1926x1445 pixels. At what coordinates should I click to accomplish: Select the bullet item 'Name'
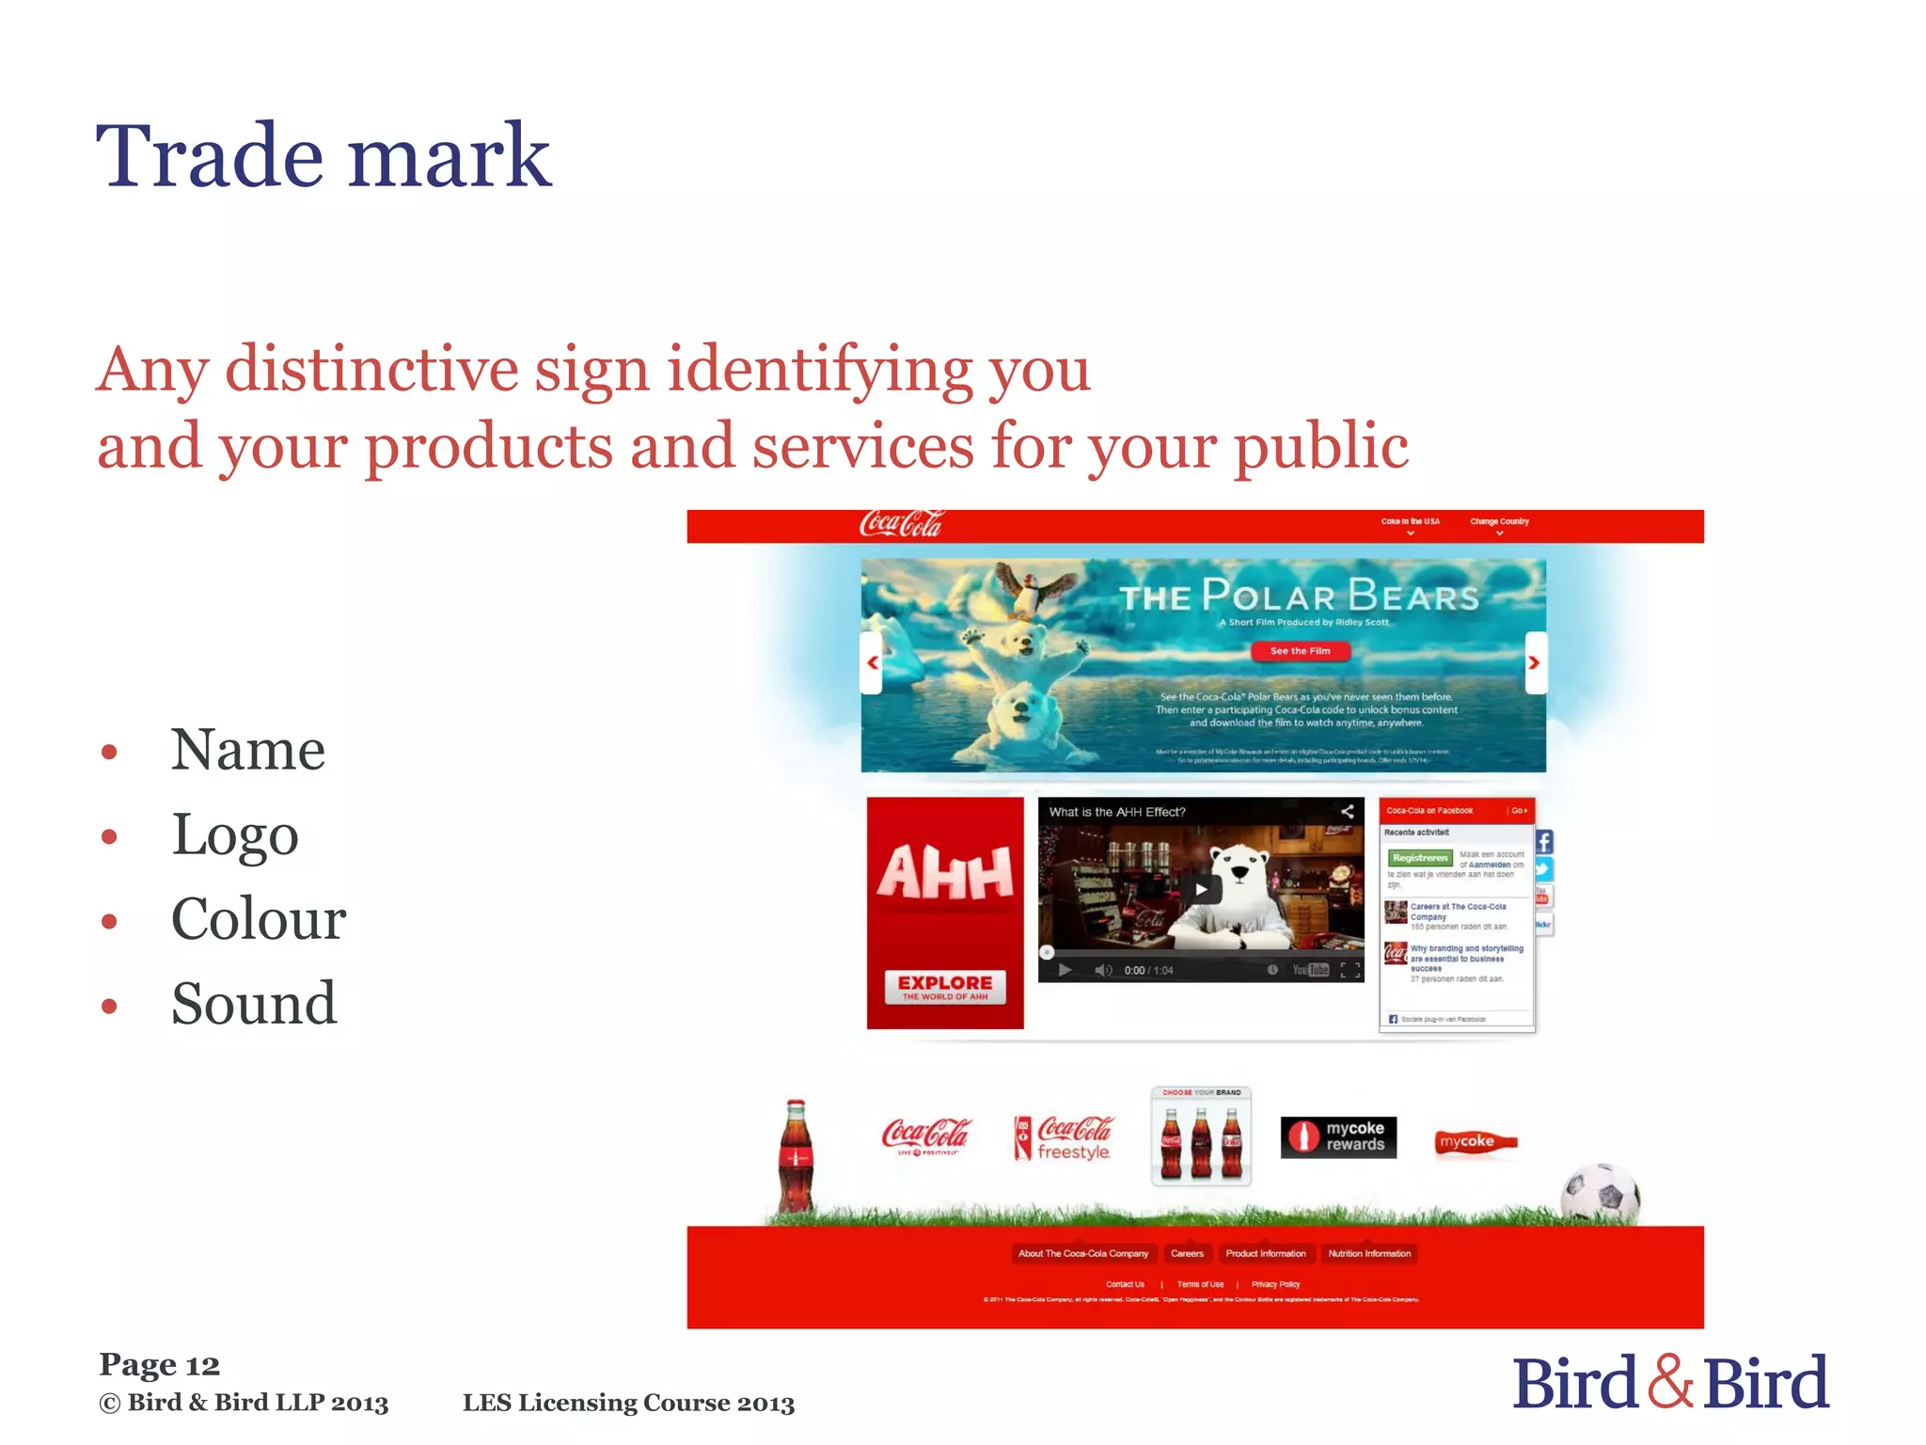pyautogui.click(x=247, y=750)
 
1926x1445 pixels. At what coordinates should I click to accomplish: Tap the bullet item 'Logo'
pyautogui.click(x=235, y=835)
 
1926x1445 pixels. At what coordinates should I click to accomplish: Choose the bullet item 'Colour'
pyautogui.click(x=259, y=919)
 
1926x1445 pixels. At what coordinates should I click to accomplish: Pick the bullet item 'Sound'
pyautogui.click(x=254, y=1004)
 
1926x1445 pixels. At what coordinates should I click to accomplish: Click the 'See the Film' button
pyautogui.click(x=1300, y=651)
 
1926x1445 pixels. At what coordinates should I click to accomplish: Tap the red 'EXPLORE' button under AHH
pyautogui.click(x=945, y=987)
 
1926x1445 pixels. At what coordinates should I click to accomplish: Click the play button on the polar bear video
pyautogui.click(x=1201, y=889)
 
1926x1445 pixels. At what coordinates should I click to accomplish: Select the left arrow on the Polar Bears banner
pyautogui.click(x=873, y=662)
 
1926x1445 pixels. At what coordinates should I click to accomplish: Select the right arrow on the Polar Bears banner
pyautogui.click(x=1534, y=662)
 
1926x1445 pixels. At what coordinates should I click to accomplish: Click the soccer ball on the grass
pyautogui.click(x=1600, y=1194)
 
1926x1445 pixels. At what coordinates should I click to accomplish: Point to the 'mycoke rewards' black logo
pyautogui.click(x=1338, y=1137)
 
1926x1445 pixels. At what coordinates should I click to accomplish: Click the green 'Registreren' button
pyautogui.click(x=1420, y=858)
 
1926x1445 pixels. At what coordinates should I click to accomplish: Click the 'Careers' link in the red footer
pyautogui.click(x=1187, y=1254)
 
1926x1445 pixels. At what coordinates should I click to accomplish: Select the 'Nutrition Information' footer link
pyautogui.click(x=1369, y=1254)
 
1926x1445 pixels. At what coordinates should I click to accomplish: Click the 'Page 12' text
pyautogui.click(x=159, y=1365)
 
